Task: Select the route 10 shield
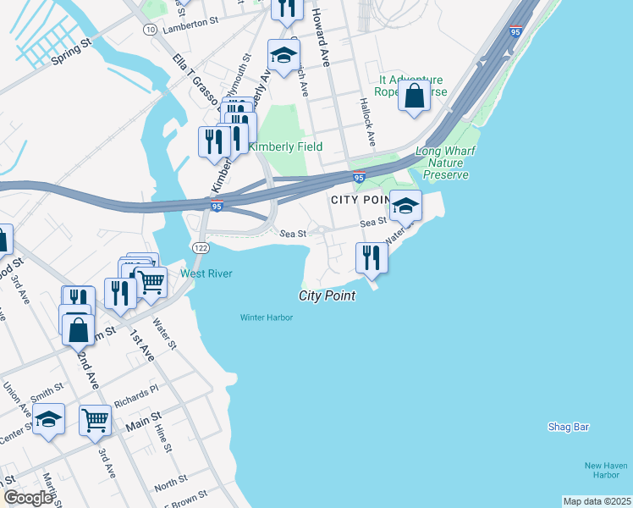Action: pyautogui.click(x=150, y=29)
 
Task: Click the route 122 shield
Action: pyautogui.click(x=201, y=247)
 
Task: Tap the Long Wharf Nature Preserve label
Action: pyautogui.click(x=442, y=164)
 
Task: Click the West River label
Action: pyautogui.click(x=206, y=273)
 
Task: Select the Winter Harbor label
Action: pyautogui.click(x=266, y=317)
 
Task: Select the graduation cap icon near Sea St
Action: pyautogui.click(x=405, y=206)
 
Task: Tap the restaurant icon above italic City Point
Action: pyautogui.click(x=371, y=257)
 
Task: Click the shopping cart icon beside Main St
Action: pyautogui.click(x=95, y=420)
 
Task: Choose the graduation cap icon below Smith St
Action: pyautogui.click(x=49, y=421)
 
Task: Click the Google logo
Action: pyautogui.click(x=28, y=498)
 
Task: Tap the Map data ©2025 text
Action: pyautogui.click(x=597, y=501)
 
